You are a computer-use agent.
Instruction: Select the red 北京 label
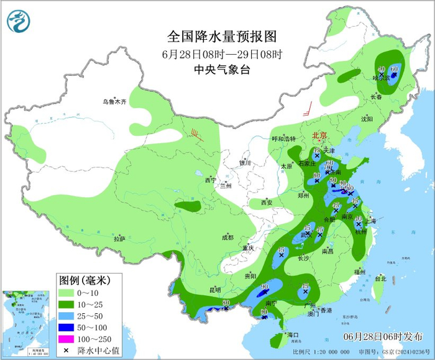point(319,134)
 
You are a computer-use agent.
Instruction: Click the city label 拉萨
point(120,238)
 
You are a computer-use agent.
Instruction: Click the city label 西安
point(267,202)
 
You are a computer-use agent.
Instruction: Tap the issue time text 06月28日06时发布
point(380,336)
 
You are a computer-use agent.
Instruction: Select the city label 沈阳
point(367,118)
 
